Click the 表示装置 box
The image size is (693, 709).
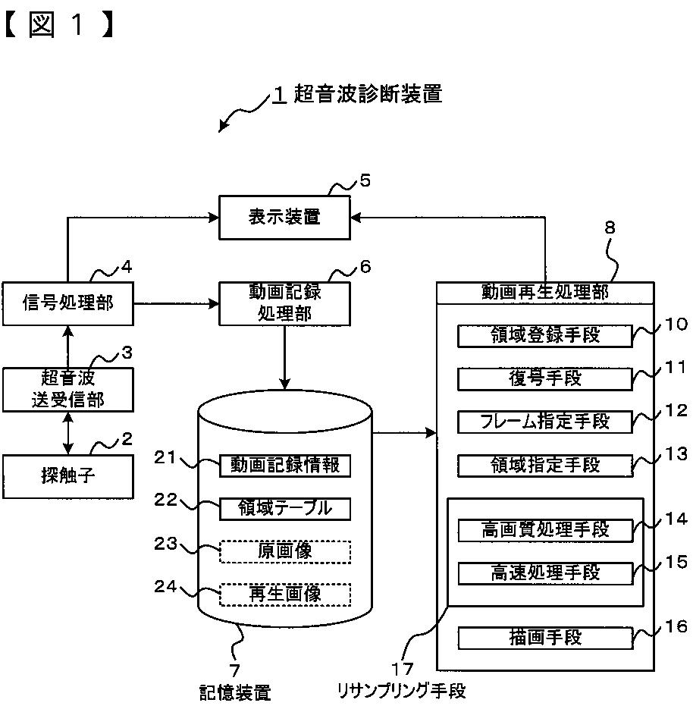coord(284,218)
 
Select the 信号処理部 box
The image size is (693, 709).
coord(67,303)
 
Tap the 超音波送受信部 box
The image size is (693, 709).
coord(67,390)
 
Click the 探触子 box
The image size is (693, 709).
coord(67,477)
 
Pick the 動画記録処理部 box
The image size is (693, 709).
coord(284,303)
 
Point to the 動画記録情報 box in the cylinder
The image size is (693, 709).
coord(285,466)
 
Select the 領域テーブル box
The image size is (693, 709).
coord(285,509)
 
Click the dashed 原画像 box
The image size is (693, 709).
coord(285,552)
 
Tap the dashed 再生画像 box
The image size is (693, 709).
coord(285,594)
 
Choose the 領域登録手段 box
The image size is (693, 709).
coord(544,336)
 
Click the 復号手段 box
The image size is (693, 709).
coord(544,379)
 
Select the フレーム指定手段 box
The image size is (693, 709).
coord(544,422)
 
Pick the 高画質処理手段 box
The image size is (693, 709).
coord(545,530)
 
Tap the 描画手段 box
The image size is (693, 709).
coord(545,638)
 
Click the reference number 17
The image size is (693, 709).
coord(403,669)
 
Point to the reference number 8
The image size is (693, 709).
coord(610,227)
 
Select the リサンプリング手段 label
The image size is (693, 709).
coord(401,692)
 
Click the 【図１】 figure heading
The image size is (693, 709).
coord(59,24)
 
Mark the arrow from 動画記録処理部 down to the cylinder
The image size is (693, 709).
coord(284,357)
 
